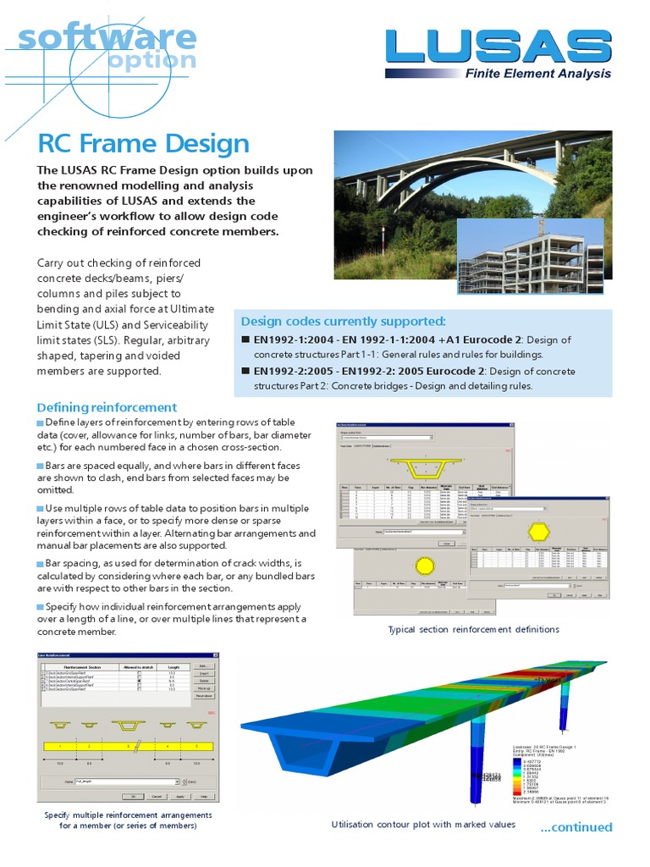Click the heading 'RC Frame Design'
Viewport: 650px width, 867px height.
pos(143,144)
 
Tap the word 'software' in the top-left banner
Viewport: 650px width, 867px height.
pos(107,38)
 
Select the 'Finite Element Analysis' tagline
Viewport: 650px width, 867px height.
pos(537,74)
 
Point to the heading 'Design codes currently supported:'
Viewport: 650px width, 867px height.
pos(343,321)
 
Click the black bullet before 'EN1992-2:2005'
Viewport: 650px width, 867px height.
pos(245,371)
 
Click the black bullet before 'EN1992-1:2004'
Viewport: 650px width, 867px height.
pos(245,340)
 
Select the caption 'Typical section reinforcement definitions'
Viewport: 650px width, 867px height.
pos(473,629)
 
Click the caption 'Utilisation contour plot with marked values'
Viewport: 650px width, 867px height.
pos(423,824)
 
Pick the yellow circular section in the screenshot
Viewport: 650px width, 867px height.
pos(423,565)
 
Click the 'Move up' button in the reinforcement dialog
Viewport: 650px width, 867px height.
pos(204,688)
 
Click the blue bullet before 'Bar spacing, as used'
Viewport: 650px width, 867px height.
pos(40,563)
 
